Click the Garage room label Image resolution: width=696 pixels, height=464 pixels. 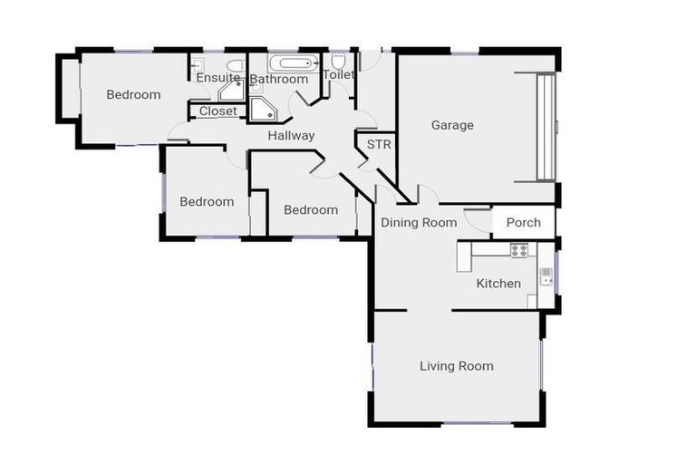click(451, 125)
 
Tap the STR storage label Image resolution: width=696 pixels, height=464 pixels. click(378, 144)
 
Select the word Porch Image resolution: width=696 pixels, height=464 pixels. click(523, 222)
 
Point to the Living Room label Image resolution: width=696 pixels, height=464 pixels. click(456, 366)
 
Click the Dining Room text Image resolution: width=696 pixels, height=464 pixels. click(418, 222)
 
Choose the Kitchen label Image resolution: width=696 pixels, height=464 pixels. click(498, 284)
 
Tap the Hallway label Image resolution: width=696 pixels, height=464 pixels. click(291, 136)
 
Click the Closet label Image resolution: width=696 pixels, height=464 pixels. click(217, 111)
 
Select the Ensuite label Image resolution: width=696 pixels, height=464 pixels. click(217, 79)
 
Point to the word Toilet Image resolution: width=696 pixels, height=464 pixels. click(338, 74)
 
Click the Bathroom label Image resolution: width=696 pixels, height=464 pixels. click(279, 80)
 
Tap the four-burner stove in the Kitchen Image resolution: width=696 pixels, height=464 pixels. click(518, 250)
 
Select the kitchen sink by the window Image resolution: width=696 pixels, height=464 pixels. click(546, 277)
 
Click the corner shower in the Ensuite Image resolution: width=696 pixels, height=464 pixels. click(231, 91)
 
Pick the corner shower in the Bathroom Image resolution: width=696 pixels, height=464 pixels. click(264, 110)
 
